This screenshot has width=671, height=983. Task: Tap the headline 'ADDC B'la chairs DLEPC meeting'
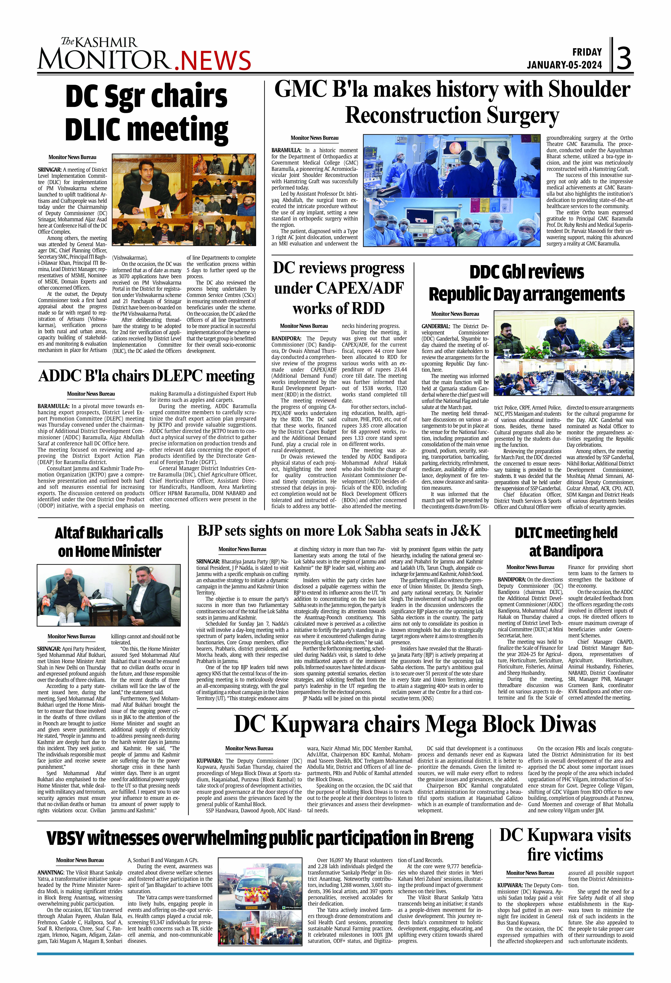(x=147, y=376)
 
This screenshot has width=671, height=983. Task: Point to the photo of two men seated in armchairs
(x=109, y=595)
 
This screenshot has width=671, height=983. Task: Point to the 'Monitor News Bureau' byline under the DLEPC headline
(x=91, y=394)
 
